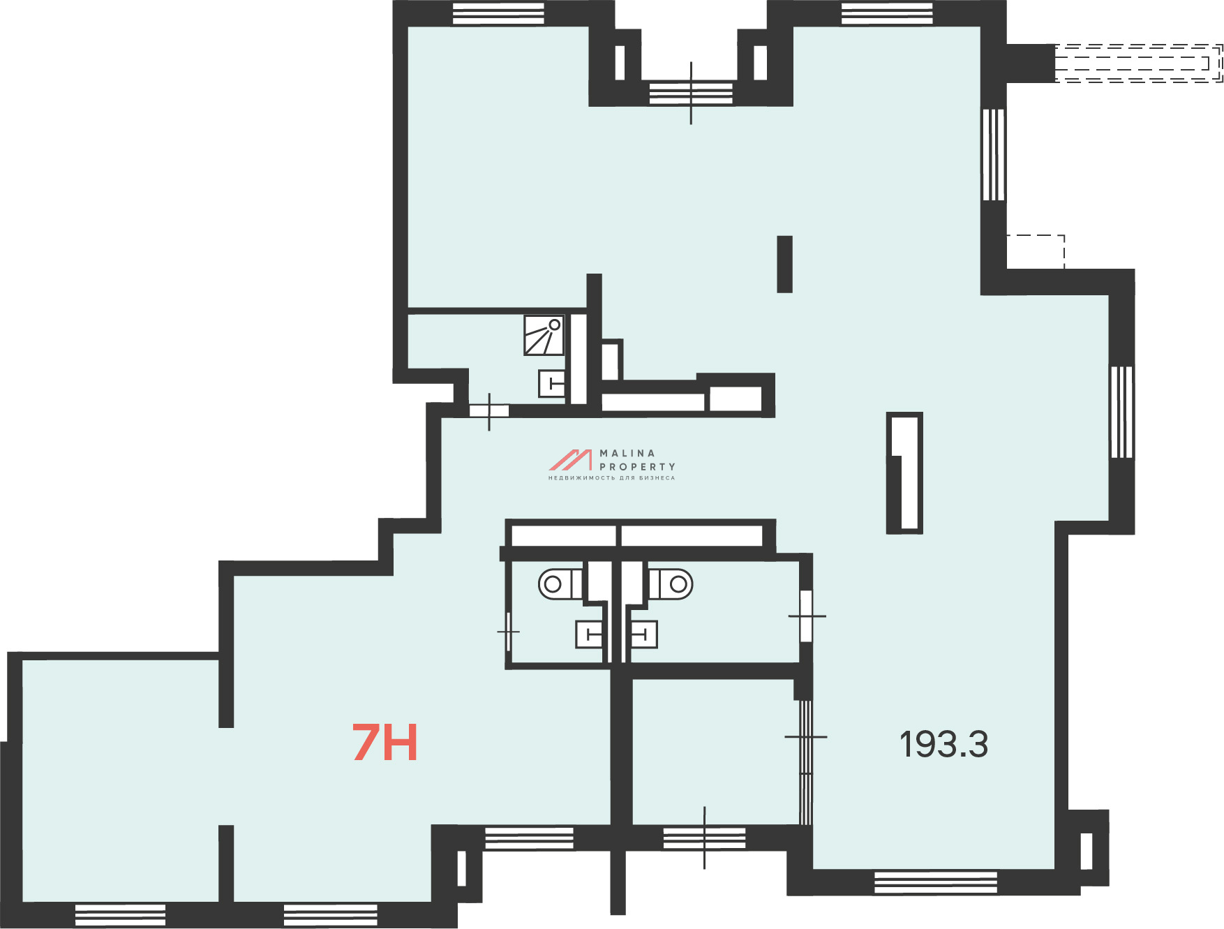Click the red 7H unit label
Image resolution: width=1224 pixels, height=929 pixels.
385,743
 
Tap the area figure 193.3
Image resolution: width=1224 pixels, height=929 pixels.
943,744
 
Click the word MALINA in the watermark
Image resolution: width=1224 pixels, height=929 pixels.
627,453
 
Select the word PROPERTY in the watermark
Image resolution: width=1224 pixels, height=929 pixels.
637,466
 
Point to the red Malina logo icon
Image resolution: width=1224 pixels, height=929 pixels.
570,460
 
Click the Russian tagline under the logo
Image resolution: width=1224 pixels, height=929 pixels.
611,478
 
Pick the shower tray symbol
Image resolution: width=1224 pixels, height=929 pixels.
544,335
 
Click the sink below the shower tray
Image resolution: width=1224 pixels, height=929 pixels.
551,383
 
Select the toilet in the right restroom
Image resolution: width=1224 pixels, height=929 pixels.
671,584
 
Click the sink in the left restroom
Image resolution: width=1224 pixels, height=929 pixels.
589,634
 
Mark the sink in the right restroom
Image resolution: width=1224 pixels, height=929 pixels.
643,634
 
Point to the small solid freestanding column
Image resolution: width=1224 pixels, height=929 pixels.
784,264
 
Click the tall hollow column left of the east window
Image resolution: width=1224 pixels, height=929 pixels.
904,473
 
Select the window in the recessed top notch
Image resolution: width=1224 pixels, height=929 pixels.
691,94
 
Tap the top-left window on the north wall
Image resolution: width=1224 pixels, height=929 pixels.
498,13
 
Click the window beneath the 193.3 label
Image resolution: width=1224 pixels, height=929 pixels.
936,882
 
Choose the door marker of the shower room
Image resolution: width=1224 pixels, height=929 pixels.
488,411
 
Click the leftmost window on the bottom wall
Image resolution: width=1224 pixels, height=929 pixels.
120,915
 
